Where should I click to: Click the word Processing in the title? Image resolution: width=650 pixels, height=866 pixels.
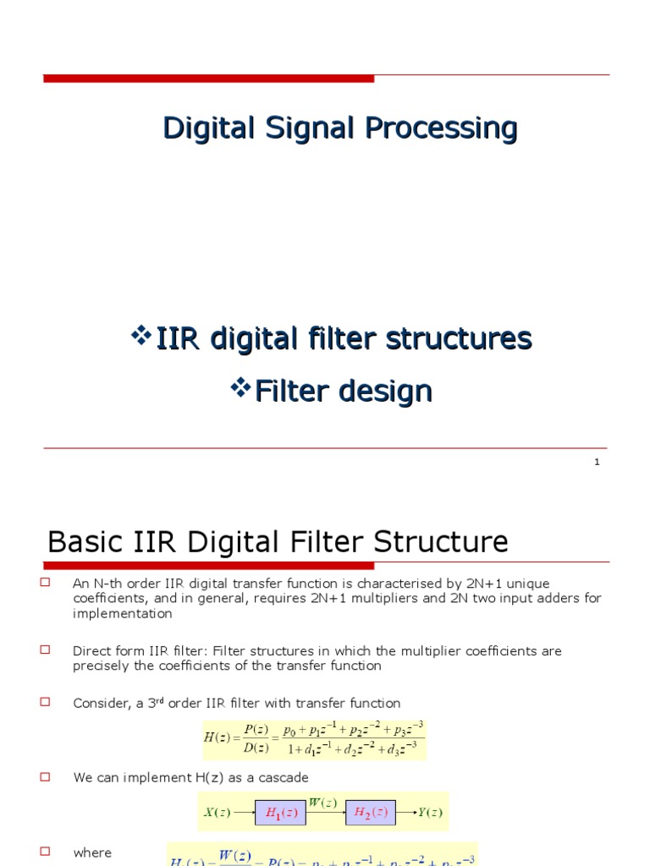(x=441, y=129)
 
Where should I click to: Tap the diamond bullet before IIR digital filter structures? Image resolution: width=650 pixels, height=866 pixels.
(x=140, y=336)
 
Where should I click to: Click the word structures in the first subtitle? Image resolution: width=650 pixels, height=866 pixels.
(x=459, y=339)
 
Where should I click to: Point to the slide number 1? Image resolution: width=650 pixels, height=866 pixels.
(x=597, y=462)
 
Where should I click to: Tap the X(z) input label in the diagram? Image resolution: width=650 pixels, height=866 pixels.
(x=217, y=813)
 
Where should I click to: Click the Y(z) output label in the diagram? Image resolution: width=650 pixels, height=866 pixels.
(x=430, y=813)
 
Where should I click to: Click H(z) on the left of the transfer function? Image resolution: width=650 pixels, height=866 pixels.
(x=217, y=737)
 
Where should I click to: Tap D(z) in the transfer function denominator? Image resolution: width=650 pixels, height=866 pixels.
(x=256, y=747)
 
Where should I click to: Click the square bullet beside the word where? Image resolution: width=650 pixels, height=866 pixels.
(x=46, y=852)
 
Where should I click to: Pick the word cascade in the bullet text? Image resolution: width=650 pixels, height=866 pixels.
(x=284, y=777)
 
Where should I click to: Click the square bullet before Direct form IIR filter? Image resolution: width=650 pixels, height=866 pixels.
(x=46, y=649)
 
